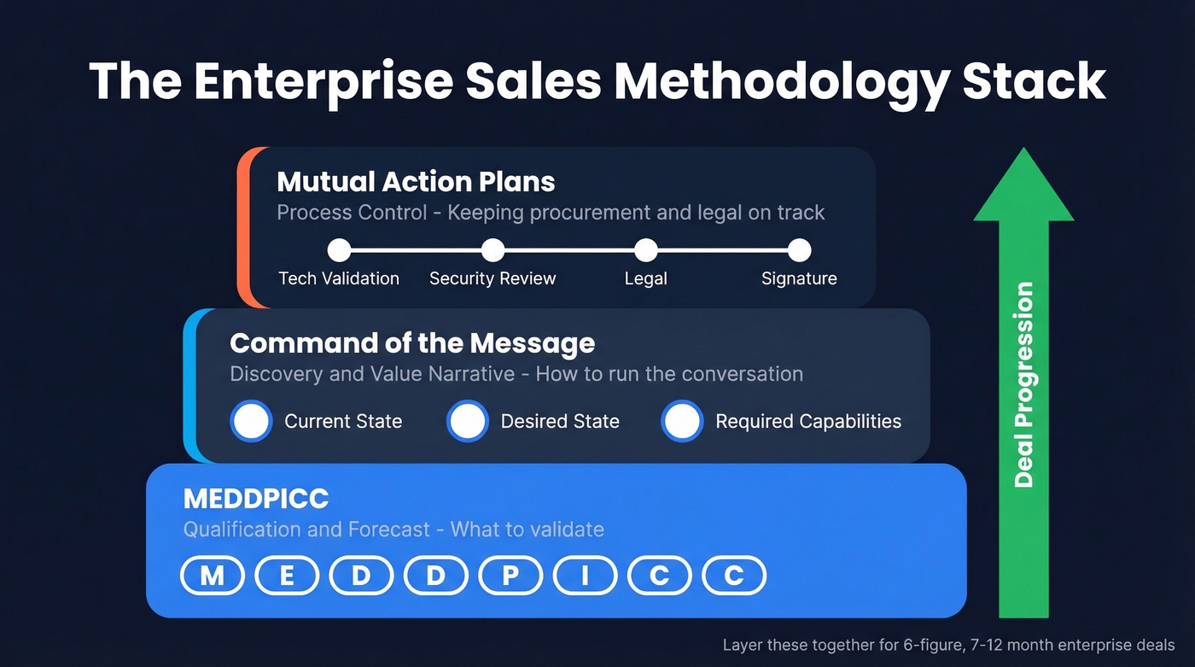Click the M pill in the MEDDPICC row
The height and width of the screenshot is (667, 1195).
(x=212, y=576)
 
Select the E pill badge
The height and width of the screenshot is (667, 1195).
(x=287, y=576)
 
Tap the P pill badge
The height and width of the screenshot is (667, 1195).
(x=510, y=576)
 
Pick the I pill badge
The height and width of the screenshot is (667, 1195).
(x=585, y=576)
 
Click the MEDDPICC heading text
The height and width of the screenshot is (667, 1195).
(x=256, y=499)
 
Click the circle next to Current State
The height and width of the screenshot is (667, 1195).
(x=251, y=421)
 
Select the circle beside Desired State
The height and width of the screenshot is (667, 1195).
(x=468, y=421)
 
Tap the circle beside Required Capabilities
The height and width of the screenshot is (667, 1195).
(x=682, y=421)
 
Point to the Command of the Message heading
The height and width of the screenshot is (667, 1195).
(x=412, y=343)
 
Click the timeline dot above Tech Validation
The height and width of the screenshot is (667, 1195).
(x=340, y=250)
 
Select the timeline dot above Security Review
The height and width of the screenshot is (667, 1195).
(x=493, y=250)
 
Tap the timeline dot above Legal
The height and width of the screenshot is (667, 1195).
(x=646, y=250)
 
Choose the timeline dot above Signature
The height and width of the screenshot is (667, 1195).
(x=799, y=250)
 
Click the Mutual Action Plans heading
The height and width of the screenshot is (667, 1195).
(x=416, y=182)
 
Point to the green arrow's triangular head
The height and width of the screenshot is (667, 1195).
(x=1023, y=192)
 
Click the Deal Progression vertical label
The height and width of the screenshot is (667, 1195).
(x=1023, y=384)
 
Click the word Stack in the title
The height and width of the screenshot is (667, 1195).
(x=1035, y=82)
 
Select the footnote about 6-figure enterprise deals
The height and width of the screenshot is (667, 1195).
(x=948, y=645)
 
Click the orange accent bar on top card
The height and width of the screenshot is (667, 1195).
(x=242, y=226)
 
